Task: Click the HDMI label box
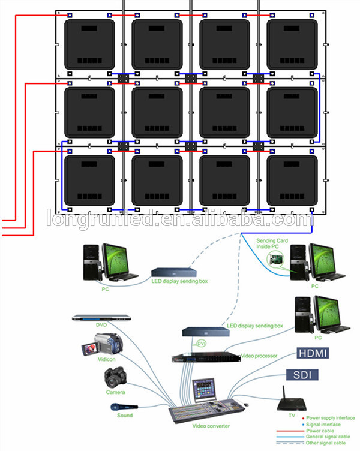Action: pos(311,353)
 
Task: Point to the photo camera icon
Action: pos(115,378)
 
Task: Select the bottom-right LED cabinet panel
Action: pos(292,179)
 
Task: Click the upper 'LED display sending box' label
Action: pos(175,282)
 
